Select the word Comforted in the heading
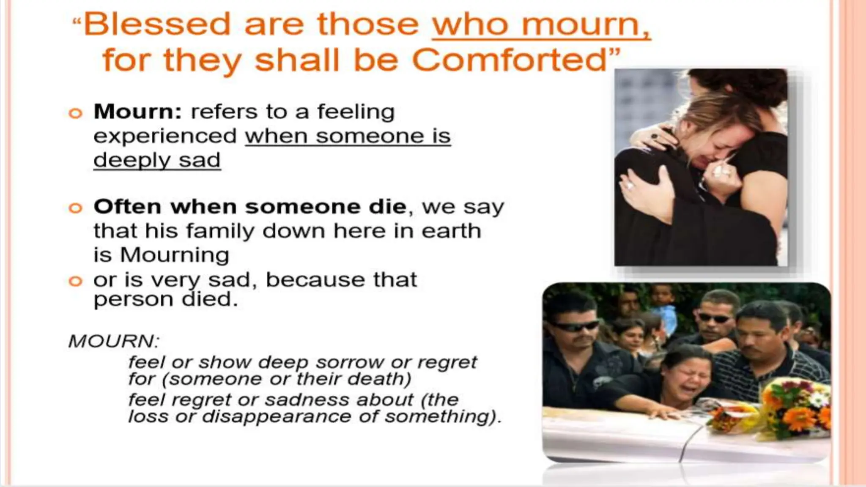click(510, 60)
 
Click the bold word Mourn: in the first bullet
click(138, 112)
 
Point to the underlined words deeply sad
click(157, 161)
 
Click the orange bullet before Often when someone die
click(75, 208)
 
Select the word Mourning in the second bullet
click(174, 255)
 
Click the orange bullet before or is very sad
click(75, 281)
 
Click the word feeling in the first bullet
click(356, 112)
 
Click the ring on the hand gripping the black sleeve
click(630, 185)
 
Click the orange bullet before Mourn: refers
click(75, 113)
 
